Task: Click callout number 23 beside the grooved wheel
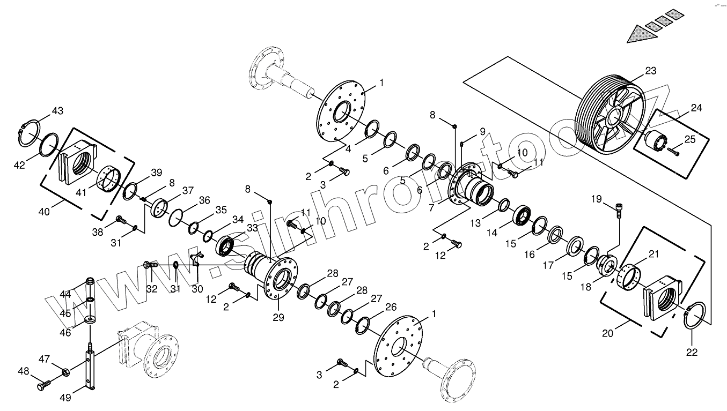[650, 71]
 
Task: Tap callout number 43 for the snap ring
[57, 111]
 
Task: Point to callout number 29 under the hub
[277, 318]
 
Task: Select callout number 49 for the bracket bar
[65, 397]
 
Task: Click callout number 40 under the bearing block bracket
[44, 212]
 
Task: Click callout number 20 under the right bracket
[607, 333]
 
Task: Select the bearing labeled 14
[523, 215]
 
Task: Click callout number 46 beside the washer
[65, 333]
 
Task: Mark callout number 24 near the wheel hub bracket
[696, 108]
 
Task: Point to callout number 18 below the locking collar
[585, 287]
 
